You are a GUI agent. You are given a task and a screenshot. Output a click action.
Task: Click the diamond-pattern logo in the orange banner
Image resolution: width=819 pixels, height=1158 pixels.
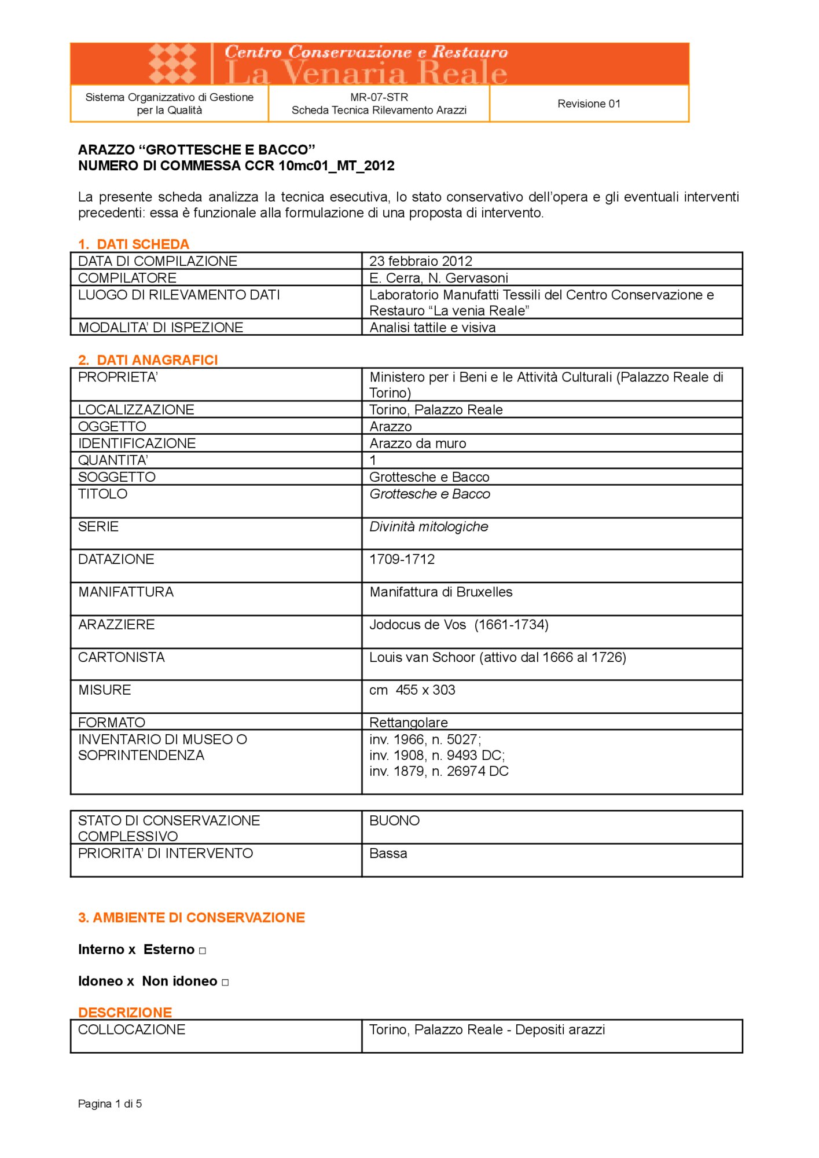(x=172, y=63)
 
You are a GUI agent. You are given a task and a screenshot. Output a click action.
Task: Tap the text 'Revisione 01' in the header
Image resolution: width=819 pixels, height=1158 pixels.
(x=589, y=104)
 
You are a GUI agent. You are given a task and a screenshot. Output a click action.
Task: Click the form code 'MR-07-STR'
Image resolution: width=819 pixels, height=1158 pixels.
(x=379, y=97)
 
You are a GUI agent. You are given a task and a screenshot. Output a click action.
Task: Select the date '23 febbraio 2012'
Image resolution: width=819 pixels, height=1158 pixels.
(x=421, y=261)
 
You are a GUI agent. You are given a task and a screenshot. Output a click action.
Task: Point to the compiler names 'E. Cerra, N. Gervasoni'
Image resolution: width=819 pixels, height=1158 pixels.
(x=439, y=278)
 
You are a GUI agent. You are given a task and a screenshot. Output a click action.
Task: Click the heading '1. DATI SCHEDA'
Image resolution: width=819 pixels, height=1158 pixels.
(x=134, y=244)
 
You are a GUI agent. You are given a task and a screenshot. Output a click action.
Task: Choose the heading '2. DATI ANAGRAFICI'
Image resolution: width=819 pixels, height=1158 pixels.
(x=148, y=360)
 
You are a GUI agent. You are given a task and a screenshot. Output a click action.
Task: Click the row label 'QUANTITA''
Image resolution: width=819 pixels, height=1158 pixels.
(x=113, y=460)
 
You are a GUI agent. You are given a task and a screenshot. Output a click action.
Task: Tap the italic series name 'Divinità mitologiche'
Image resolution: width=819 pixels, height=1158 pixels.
(x=429, y=527)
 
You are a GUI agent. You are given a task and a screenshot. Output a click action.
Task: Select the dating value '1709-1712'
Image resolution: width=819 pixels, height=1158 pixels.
(x=402, y=559)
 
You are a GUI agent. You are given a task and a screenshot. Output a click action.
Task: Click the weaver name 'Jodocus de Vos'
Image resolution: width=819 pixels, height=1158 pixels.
(x=418, y=625)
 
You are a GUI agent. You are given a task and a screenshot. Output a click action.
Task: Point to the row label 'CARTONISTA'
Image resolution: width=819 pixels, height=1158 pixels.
(x=122, y=657)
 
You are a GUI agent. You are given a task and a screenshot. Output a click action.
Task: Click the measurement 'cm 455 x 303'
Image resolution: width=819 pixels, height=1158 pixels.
(x=413, y=690)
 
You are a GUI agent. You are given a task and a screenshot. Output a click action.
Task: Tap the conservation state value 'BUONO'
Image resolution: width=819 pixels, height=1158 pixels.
(x=395, y=821)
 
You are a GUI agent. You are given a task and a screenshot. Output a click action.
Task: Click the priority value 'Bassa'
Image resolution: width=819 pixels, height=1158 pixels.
(x=388, y=853)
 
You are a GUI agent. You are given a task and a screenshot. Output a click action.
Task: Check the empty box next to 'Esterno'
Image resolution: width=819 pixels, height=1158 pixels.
(x=203, y=951)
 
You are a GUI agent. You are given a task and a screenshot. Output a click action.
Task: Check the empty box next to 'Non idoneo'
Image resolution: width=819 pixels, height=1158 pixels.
(x=225, y=983)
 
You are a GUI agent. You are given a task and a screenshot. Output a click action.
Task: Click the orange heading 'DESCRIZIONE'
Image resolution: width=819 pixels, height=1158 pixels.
(x=125, y=1013)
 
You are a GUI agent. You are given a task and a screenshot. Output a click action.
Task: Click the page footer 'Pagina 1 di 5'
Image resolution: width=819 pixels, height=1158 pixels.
(x=110, y=1104)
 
